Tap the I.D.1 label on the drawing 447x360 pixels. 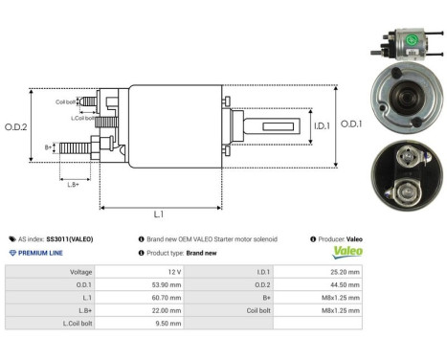295,124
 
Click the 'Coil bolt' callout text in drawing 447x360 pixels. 65,101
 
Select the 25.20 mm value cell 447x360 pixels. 342,272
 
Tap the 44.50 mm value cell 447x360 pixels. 342,285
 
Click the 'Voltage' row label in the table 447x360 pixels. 79,272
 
